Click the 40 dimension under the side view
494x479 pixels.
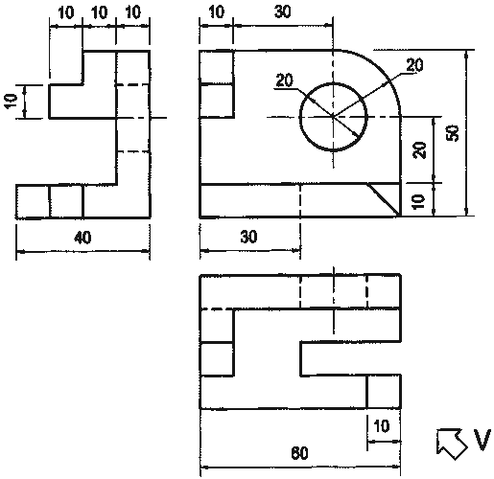(82, 238)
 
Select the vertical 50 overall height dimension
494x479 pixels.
(453, 133)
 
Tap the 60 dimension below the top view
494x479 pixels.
(299, 453)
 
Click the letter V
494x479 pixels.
(482, 440)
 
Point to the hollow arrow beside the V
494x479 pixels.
(452, 443)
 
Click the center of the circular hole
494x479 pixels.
(333, 117)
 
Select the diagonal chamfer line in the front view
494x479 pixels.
(384, 199)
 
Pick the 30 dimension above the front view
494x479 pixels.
(283, 11)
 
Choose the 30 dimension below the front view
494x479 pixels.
(248, 237)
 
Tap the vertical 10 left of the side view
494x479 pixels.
(11, 102)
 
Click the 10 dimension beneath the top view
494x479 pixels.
(382, 426)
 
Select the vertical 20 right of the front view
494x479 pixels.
(420, 150)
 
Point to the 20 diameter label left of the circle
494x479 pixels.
(284, 80)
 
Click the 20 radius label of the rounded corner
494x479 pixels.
(414, 65)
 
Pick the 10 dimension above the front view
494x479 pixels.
(217, 11)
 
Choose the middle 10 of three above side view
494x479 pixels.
(100, 12)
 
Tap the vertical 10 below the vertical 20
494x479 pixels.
(418, 202)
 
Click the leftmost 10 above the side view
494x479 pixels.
(66, 12)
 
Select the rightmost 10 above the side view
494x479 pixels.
(132, 12)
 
